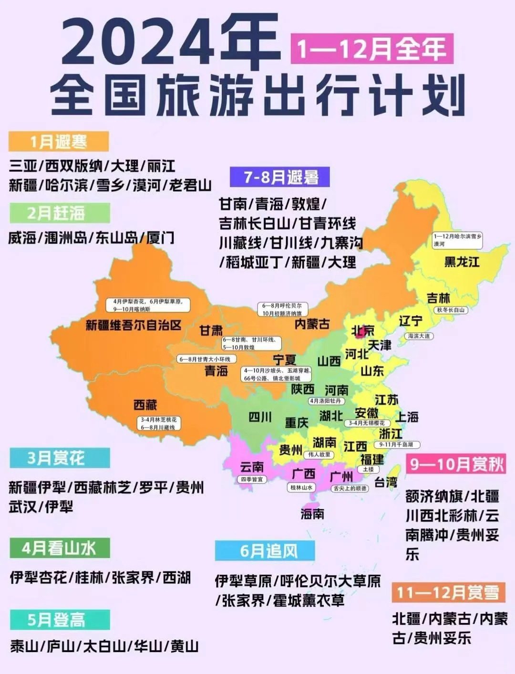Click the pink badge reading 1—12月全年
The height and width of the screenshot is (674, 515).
click(371, 49)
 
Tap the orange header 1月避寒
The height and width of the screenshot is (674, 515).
click(58, 142)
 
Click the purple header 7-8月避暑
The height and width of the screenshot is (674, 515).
click(280, 177)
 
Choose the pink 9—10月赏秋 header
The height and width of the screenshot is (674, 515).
click(456, 464)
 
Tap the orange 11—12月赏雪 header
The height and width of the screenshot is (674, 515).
click(447, 592)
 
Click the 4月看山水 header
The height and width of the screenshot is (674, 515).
click(59, 548)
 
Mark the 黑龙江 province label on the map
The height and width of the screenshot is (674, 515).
click(462, 262)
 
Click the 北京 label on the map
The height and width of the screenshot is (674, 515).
click(363, 331)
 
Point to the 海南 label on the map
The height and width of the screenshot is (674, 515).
click(312, 514)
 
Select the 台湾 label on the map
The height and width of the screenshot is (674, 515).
click(386, 482)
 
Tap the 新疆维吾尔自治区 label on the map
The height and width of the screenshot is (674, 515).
click(134, 326)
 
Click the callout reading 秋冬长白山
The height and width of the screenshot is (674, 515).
click(450, 310)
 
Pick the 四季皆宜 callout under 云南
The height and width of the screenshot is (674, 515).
click(252, 479)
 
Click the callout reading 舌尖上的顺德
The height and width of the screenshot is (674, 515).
click(350, 488)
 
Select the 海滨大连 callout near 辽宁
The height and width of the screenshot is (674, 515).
click(419, 336)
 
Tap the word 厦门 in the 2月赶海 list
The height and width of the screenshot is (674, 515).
click(160, 238)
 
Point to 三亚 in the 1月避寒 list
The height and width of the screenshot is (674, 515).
click(23, 166)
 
